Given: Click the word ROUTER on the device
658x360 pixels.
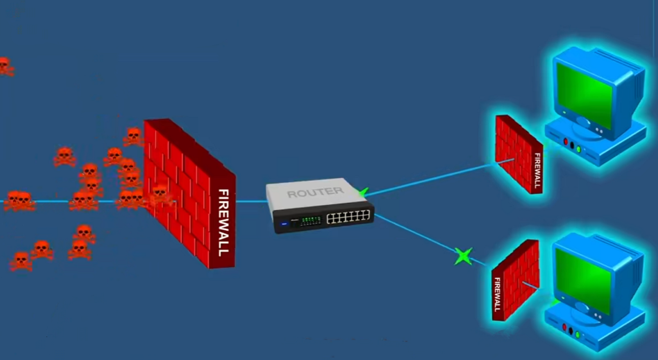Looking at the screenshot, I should (x=315, y=192).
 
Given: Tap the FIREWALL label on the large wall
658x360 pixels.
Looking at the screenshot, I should (x=223, y=223).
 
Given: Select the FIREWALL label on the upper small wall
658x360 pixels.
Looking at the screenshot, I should (x=537, y=171).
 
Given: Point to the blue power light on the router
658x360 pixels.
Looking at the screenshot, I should (x=284, y=223).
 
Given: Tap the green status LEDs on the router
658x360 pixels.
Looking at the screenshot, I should (x=310, y=221).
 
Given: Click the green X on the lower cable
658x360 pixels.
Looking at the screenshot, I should (x=463, y=256).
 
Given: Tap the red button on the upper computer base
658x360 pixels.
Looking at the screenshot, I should (x=565, y=142).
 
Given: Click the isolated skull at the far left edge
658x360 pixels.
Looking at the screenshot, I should (x=5, y=66).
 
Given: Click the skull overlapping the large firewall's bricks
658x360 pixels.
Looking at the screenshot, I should (x=160, y=194).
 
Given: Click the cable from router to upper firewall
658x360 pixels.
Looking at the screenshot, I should (x=433, y=179).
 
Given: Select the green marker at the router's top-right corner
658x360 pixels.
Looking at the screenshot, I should (x=363, y=192).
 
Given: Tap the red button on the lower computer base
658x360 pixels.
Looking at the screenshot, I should (x=564, y=327).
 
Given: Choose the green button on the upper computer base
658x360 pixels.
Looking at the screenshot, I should (x=579, y=149).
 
